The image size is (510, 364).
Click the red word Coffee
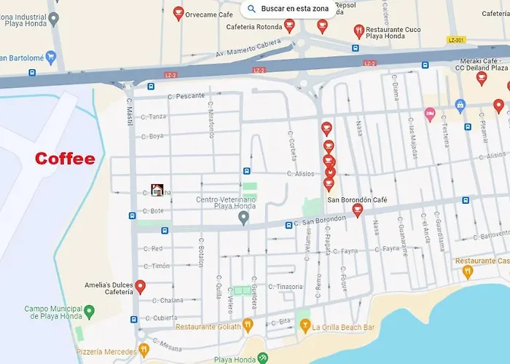click(x=65, y=159)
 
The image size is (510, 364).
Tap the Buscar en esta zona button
click(x=289, y=9)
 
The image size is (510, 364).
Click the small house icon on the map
click(x=157, y=190)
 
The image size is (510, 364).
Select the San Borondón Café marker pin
click(x=357, y=210)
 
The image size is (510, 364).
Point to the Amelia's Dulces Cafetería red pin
click(x=141, y=287)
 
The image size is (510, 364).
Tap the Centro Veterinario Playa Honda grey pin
click(x=244, y=218)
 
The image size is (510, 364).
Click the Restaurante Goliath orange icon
click(x=248, y=325)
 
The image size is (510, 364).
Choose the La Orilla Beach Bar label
click(x=342, y=327)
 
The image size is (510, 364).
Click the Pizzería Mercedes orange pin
click(x=144, y=350)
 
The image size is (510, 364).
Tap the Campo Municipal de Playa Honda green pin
click(x=89, y=312)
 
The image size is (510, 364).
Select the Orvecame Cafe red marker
click(x=178, y=13)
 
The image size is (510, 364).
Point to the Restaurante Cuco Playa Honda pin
click(x=358, y=31)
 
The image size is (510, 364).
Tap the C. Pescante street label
click(x=186, y=95)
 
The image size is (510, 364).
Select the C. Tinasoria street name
click(x=285, y=286)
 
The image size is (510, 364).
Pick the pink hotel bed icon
click(x=430, y=114)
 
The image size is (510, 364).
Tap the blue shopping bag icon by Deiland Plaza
click(x=460, y=106)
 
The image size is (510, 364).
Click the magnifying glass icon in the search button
click(x=251, y=9)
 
